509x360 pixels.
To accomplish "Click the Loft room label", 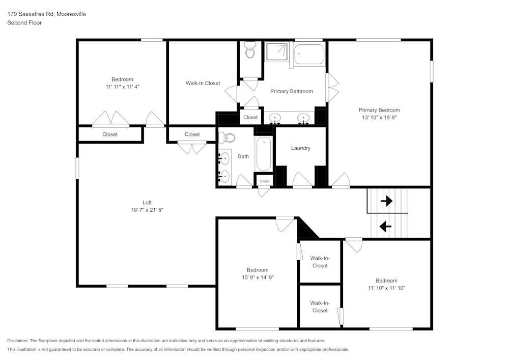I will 147,202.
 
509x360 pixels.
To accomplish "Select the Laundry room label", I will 300,148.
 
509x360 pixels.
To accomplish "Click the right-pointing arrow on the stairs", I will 386,201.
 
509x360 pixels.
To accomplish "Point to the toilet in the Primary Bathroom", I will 250,51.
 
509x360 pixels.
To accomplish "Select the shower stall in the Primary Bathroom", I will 277,52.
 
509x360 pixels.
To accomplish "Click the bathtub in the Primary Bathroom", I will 309,54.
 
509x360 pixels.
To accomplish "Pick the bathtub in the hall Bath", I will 264,154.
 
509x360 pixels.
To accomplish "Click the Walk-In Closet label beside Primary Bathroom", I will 203,83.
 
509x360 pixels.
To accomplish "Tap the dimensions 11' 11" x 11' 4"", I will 122,87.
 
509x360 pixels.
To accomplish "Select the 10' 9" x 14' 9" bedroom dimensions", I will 258,278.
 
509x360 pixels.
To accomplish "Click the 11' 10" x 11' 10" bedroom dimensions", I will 386,288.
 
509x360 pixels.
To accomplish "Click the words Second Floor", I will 24,23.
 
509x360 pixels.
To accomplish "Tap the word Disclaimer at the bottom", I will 18,341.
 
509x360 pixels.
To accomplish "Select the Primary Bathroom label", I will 291,91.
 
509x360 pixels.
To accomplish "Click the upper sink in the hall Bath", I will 225,158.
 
